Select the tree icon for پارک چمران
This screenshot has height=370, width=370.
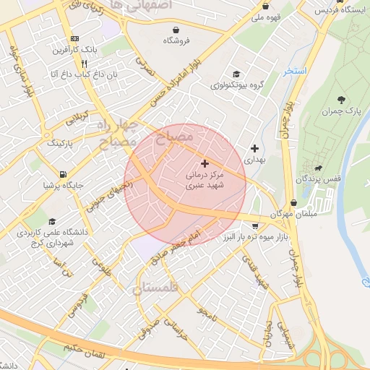coord(341,99)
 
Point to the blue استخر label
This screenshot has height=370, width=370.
coord(295,72)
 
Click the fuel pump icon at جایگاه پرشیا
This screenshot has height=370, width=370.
coord(64,174)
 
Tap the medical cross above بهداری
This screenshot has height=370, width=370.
coord(254,147)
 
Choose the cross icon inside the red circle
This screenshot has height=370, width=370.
coord(205,164)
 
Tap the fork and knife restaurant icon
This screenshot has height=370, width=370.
coord(85,63)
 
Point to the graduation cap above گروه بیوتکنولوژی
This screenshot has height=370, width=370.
coord(236,74)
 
